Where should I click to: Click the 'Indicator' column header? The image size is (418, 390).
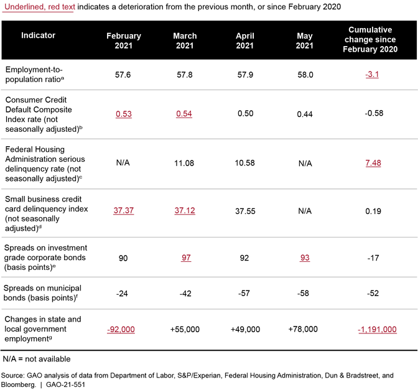click(38, 35)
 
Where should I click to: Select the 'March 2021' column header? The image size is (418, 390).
click(185, 40)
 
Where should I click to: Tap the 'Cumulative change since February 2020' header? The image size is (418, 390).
click(370, 39)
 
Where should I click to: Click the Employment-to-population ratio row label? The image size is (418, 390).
click(34, 75)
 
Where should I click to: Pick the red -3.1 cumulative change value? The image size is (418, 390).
click(372, 75)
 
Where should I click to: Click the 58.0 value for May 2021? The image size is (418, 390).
click(305, 75)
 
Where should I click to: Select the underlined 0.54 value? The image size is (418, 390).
click(184, 114)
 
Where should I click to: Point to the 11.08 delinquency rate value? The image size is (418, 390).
click(184, 163)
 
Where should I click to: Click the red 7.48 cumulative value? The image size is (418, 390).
click(373, 163)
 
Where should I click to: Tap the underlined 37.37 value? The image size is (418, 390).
click(123, 210)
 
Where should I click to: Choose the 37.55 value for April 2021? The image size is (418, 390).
click(245, 211)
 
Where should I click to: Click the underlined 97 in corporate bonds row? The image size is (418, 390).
click(186, 258)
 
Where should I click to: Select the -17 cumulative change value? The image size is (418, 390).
click(373, 258)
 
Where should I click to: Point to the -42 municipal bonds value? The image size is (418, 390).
click(185, 294)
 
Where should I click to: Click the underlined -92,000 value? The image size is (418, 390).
click(121, 330)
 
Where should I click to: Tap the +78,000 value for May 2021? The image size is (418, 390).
click(303, 329)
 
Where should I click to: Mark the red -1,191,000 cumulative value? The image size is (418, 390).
click(377, 330)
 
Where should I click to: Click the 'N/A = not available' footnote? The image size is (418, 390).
click(37, 359)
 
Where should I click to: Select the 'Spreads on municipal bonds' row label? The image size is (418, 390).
click(42, 293)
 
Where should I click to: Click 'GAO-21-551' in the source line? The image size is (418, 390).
click(65, 384)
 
